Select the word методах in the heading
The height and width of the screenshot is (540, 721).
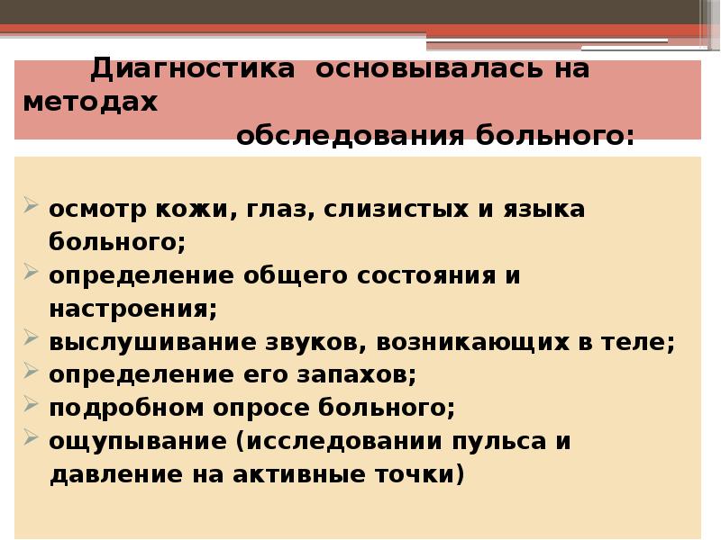pyautogui.click(x=91, y=103)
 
